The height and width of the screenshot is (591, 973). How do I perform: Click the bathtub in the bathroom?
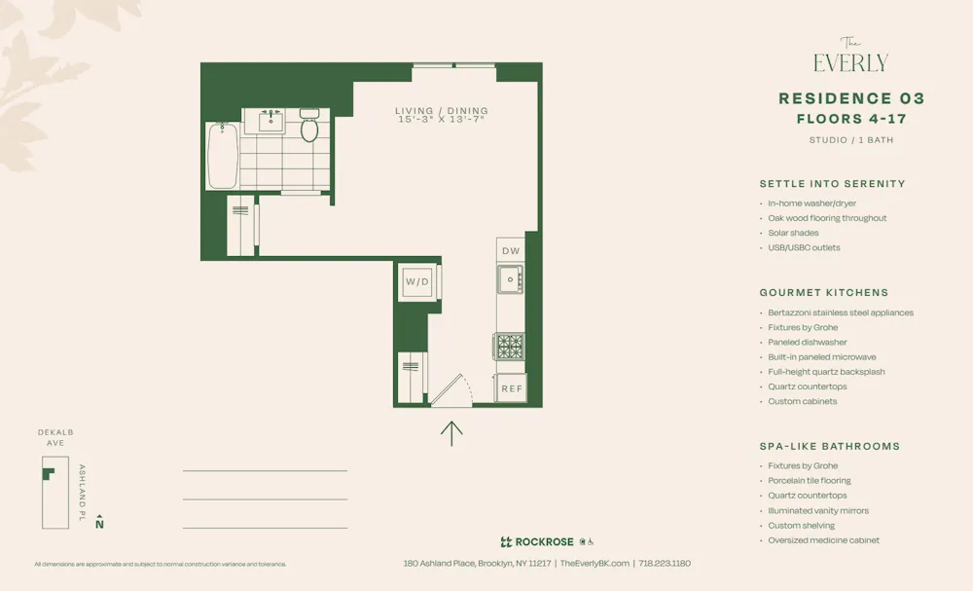pos(222,156)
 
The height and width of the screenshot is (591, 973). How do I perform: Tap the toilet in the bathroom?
pos(309,127)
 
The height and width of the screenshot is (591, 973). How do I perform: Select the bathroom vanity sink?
pos(270,121)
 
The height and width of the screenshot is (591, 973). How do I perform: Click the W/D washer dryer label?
pos(417,282)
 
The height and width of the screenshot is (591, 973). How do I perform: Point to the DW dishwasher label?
pos(511,251)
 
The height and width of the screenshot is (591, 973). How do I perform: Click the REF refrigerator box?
pos(511,388)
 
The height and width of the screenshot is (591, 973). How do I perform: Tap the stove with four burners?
pos(510,347)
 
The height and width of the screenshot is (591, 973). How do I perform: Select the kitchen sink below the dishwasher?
pos(509,280)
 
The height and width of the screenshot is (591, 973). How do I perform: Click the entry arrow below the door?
pos(451,431)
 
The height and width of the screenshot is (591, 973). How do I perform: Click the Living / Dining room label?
pos(442,111)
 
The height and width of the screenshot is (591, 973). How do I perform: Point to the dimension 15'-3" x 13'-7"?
pos(442,120)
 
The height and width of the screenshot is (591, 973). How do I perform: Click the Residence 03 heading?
pos(851,98)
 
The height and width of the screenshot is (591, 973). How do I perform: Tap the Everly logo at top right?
pos(850,58)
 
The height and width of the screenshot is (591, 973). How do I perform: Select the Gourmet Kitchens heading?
pos(823,292)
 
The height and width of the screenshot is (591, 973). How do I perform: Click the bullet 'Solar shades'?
pos(793,233)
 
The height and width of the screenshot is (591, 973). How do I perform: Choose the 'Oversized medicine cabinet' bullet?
pos(823,540)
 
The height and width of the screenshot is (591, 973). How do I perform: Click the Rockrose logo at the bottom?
pos(537,542)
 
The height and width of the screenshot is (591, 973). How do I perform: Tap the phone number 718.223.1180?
pos(665,563)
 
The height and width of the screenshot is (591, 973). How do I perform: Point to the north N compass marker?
pos(99,524)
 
